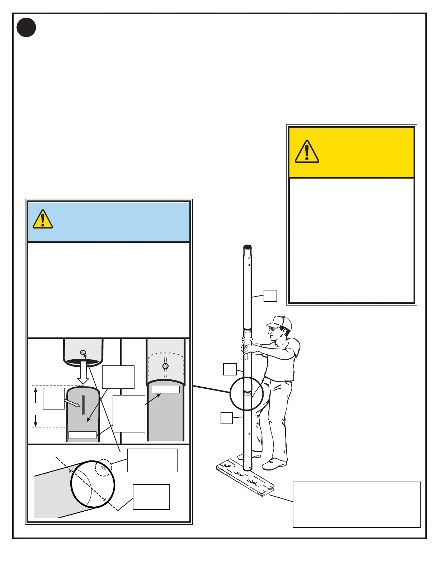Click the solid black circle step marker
click(x=26, y=28)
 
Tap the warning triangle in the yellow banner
click(x=307, y=152)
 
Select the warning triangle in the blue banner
click(x=43, y=219)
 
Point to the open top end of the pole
click(x=247, y=247)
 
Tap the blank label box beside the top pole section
click(x=270, y=296)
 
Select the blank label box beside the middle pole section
click(x=230, y=369)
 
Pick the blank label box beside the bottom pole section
click(x=227, y=418)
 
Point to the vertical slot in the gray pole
click(x=84, y=405)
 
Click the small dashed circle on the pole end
click(x=103, y=468)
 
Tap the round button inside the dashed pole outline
click(x=165, y=366)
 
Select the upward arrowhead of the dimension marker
click(x=36, y=390)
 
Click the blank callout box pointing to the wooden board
click(x=357, y=505)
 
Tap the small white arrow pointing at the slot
click(x=73, y=403)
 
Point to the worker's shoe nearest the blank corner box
click(x=274, y=465)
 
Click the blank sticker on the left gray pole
click(x=82, y=435)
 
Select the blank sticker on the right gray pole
click(x=165, y=390)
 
